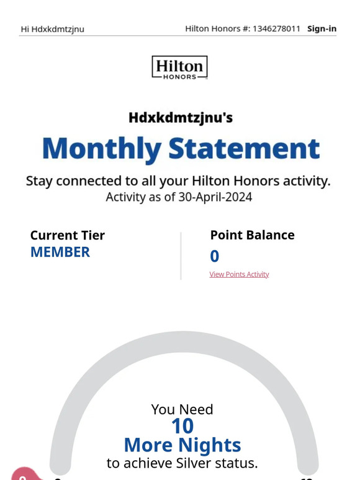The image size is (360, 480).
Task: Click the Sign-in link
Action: [322, 29]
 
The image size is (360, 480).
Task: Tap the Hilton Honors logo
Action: [179, 68]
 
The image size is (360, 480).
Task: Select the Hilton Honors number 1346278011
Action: [276, 29]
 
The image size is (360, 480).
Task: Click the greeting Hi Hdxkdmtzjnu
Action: [53, 29]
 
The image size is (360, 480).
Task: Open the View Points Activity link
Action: [239, 274]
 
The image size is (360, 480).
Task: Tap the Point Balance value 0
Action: [215, 256]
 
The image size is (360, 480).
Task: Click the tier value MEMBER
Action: [60, 252]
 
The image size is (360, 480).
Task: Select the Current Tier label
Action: [68, 235]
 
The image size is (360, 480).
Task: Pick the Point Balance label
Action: [252, 235]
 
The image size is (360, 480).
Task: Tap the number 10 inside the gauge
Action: [182, 426]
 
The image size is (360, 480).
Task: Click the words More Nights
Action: [182, 445]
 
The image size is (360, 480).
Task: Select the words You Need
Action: [182, 409]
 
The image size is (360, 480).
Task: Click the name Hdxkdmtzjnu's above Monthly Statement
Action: [181, 117]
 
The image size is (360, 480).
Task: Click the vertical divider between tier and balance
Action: [181, 256]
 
